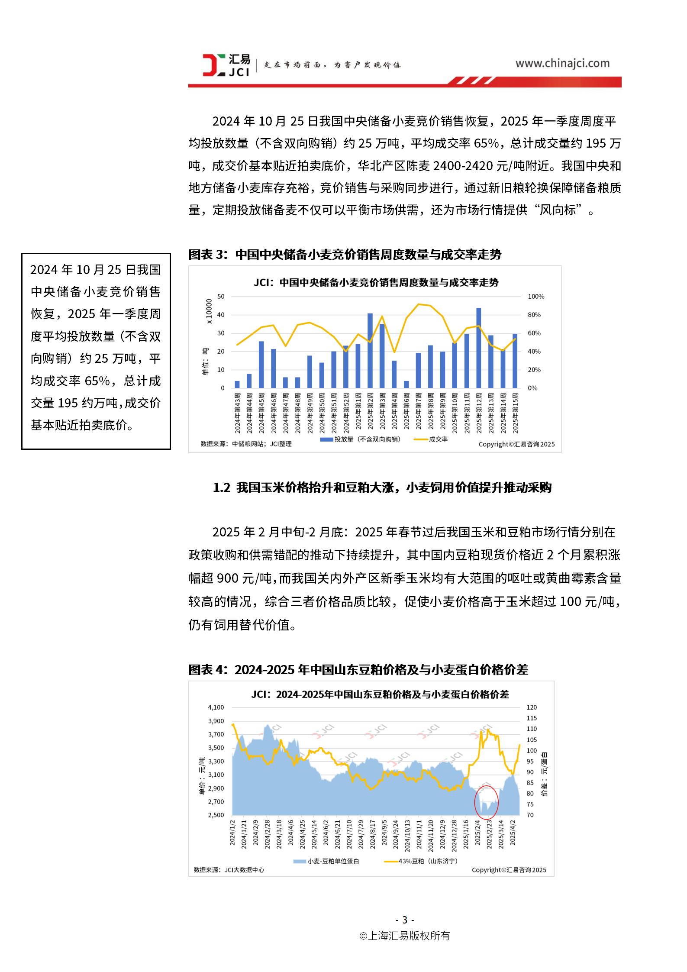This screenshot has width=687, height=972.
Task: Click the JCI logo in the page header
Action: [x=226, y=65]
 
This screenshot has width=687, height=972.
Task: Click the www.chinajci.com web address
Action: [x=562, y=64]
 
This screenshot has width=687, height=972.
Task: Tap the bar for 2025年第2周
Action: [x=370, y=350]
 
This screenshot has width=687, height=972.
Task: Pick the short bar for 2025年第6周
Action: [x=406, y=384]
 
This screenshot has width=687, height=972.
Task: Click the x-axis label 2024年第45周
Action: [x=261, y=413]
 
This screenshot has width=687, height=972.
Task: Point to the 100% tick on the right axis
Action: [x=536, y=297]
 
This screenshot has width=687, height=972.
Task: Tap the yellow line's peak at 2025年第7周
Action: [x=418, y=304]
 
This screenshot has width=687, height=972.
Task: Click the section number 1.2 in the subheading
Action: [x=221, y=488]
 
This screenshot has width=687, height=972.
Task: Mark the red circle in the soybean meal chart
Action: [x=486, y=801]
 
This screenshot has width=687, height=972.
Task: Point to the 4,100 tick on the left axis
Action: [x=216, y=707]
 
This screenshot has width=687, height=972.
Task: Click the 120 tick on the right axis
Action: [x=531, y=707]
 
